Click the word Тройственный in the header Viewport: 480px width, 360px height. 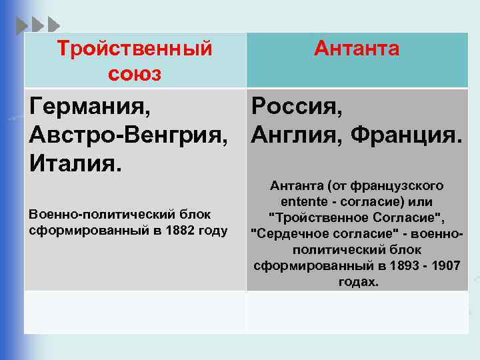click(x=135, y=49)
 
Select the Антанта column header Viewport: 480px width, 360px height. click(x=357, y=49)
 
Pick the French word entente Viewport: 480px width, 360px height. click(x=302, y=201)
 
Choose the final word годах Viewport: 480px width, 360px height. click(x=358, y=281)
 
